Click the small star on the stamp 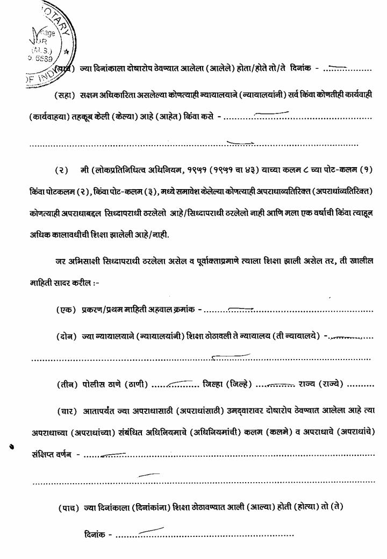tap(66, 52)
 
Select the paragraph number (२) tap(62, 170)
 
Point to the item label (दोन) tap(66, 336)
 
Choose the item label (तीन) tap(66, 384)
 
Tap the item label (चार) tap(66, 411)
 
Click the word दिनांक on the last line tap(95, 535)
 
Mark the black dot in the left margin tap(11, 446)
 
